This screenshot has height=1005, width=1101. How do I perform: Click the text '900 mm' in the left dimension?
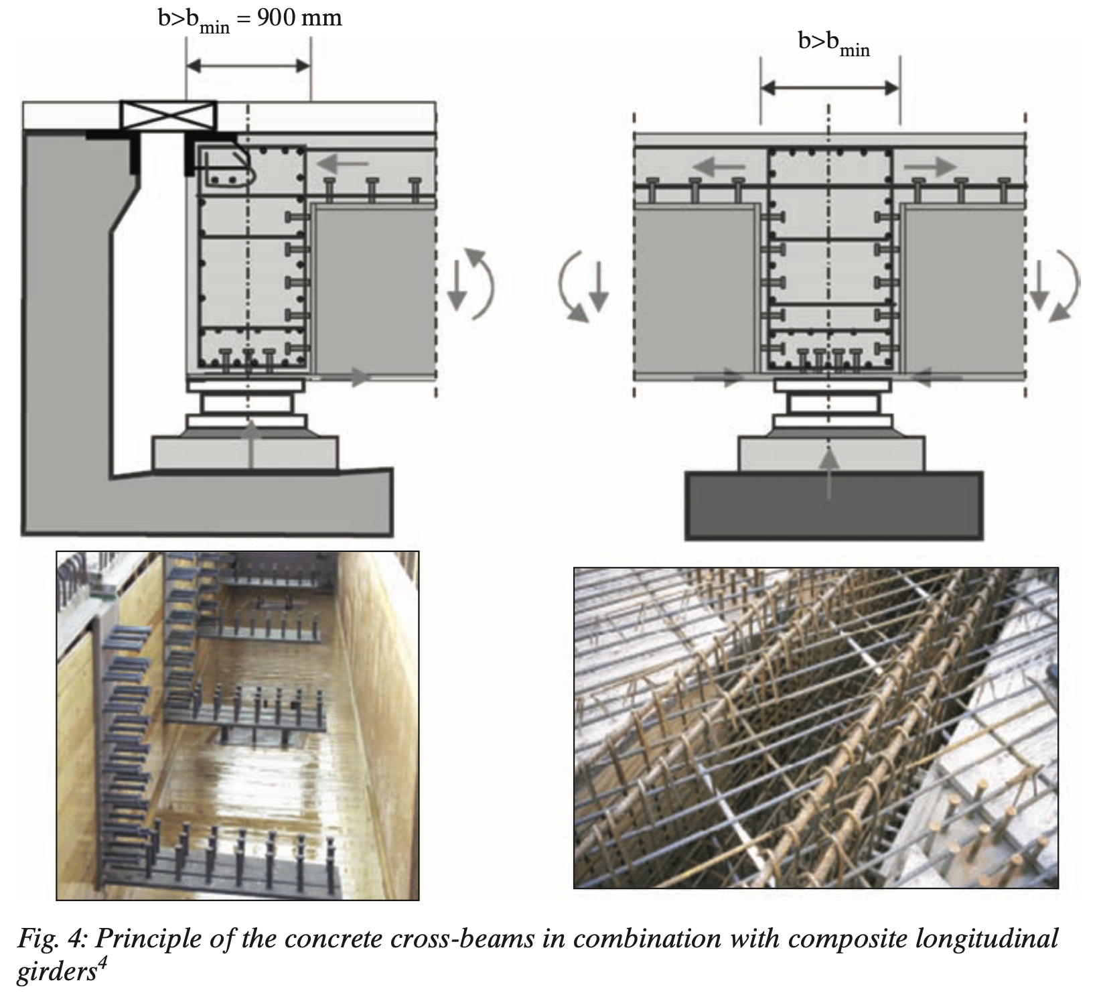coord(299,17)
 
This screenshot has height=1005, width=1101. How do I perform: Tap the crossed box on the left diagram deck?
coord(168,115)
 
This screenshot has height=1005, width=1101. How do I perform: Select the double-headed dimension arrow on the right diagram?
coord(830,88)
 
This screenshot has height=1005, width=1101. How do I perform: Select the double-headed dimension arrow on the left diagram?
coord(248,66)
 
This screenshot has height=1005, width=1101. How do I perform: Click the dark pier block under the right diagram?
coord(833,505)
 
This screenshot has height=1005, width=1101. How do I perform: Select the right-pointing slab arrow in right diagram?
coord(934,165)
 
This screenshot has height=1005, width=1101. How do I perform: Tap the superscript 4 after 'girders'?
coord(102,966)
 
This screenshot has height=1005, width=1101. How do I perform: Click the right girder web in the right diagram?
coord(964,288)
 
